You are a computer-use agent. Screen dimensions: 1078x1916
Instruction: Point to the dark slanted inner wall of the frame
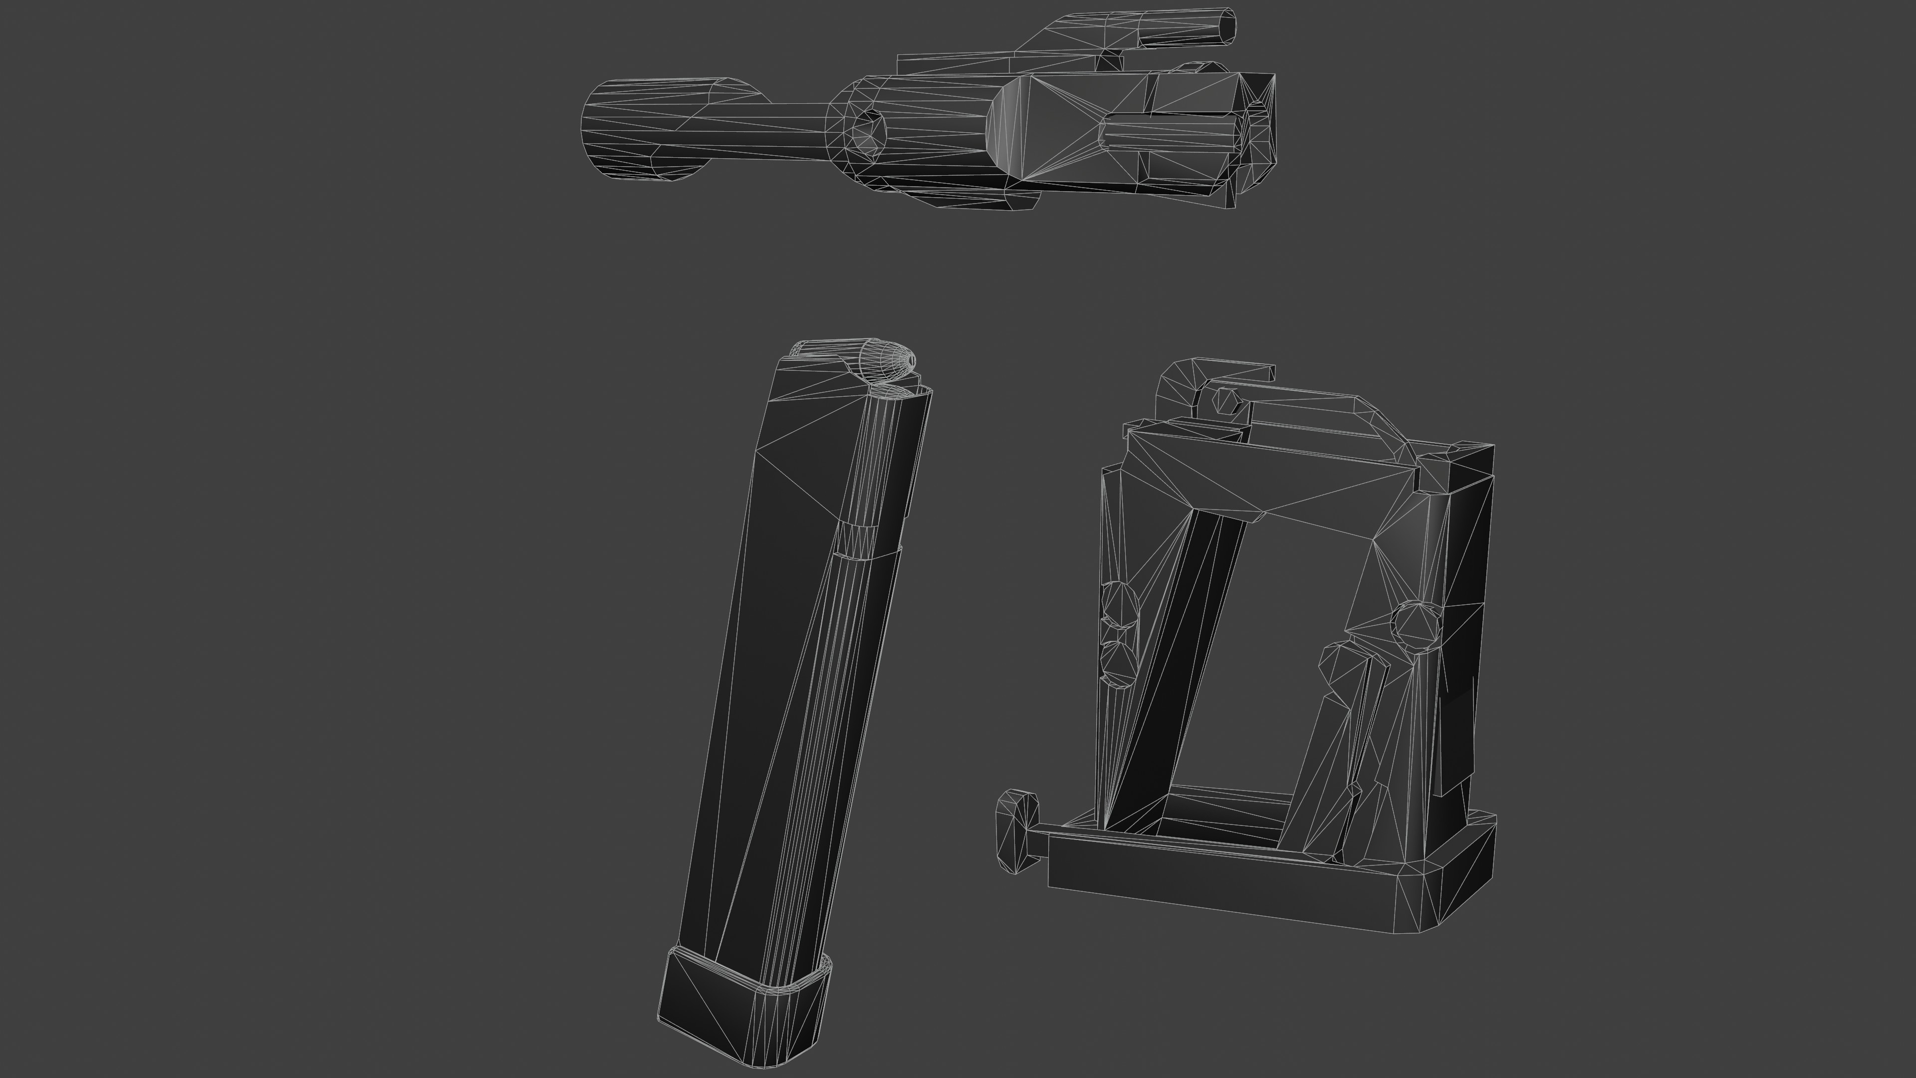(x=1160, y=670)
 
